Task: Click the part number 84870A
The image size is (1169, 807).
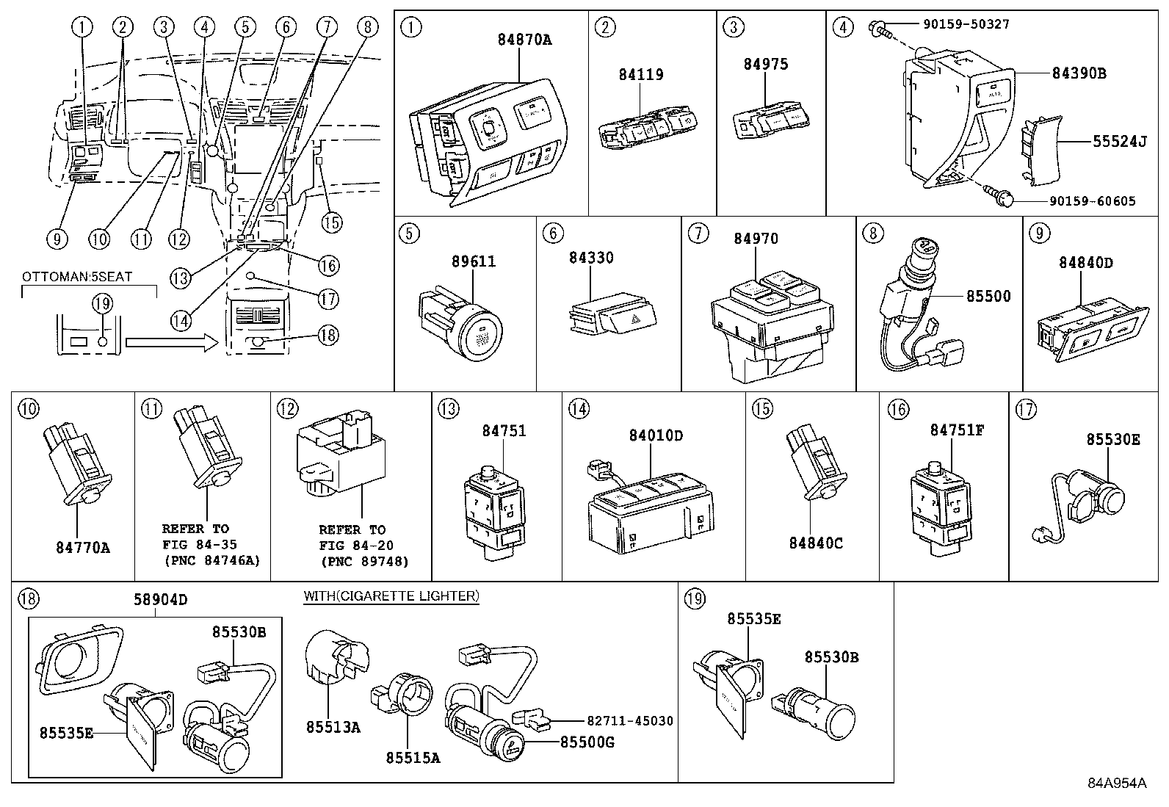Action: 524,39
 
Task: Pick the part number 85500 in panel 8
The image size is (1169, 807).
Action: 988,296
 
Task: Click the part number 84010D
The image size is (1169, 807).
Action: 656,435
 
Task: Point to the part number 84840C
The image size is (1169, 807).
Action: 816,543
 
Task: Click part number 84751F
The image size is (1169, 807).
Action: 957,430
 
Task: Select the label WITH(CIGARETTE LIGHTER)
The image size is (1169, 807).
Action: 391,596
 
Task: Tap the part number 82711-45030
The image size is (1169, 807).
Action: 630,721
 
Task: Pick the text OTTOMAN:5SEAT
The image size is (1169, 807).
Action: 77,277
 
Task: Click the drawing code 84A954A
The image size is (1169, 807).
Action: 1117,783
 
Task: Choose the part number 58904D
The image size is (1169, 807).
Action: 160,600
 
